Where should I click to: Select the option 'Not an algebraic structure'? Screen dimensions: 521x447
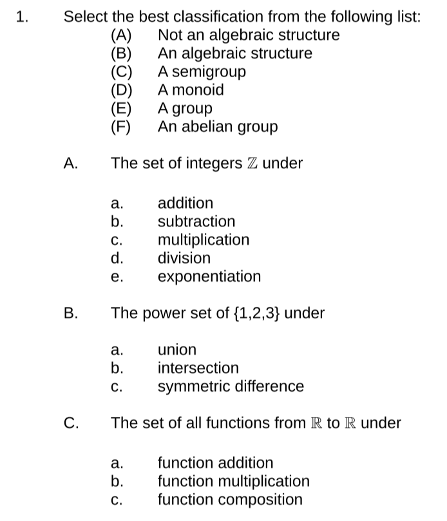(x=249, y=35)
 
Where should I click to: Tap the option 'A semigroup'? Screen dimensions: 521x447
(x=202, y=72)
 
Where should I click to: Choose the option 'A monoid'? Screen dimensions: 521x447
(x=191, y=90)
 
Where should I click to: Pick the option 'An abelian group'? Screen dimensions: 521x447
(x=218, y=127)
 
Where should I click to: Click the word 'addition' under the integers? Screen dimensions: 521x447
(x=185, y=203)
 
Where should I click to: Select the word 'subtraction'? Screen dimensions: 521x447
(x=196, y=222)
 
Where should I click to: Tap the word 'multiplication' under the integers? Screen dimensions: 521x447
(x=204, y=240)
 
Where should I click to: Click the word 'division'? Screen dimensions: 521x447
(x=184, y=259)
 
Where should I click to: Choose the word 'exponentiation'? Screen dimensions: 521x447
(x=209, y=277)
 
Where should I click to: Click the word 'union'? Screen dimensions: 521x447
(x=177, y=350)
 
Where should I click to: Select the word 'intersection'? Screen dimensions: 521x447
(x=198, y=369)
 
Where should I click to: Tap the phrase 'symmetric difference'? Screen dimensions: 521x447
(x=231, y=387)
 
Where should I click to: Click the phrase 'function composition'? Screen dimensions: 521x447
(x=230, y=500)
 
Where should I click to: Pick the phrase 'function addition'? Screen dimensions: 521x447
(x=216, y=462)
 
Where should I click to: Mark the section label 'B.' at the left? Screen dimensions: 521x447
(x=71, y=314)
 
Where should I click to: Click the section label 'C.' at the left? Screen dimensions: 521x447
(x=72, y=423)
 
